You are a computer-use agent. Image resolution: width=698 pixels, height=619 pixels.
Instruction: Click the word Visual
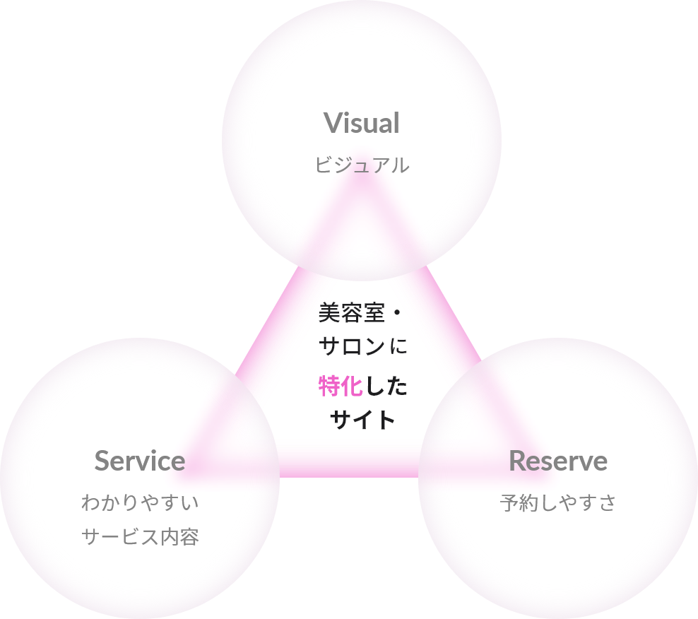coord(362,123)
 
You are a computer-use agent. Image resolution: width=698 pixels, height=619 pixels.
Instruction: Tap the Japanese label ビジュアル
coord(362,165)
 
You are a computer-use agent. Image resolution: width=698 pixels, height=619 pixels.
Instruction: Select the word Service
coord(140,461)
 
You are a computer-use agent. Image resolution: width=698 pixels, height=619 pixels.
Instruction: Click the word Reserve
coord(558,461)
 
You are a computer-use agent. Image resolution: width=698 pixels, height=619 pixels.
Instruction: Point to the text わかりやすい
coord(140,504)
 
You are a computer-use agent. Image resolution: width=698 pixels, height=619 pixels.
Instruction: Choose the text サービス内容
coord(140,536)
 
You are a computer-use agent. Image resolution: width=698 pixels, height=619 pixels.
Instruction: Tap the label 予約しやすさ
coord(558,503)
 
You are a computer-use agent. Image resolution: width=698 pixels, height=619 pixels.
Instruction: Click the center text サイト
coord(362,420)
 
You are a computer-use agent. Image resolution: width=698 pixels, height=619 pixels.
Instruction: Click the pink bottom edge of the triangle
coord(350,459)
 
